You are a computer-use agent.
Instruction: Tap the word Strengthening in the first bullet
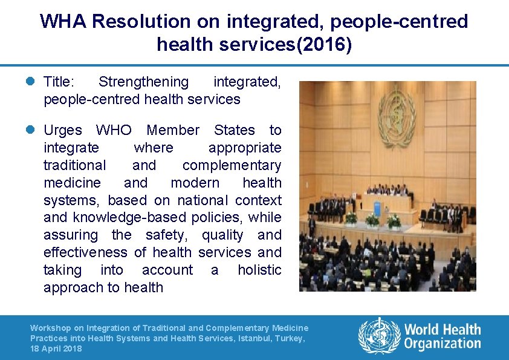(143, 82)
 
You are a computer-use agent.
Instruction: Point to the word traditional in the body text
(74, 165)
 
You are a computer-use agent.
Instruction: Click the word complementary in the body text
(232, 165)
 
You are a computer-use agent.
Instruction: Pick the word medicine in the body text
(72, 183)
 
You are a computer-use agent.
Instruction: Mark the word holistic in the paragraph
(259, 270)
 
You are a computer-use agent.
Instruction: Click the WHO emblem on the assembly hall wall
(397, 115)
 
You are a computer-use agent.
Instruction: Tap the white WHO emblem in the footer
(380, 336)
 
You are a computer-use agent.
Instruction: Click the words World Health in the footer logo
(443, 330)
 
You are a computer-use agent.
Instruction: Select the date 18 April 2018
(56, 349)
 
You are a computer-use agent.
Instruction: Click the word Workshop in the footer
(50, 328)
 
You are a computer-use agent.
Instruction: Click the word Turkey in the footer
(291, 339)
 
